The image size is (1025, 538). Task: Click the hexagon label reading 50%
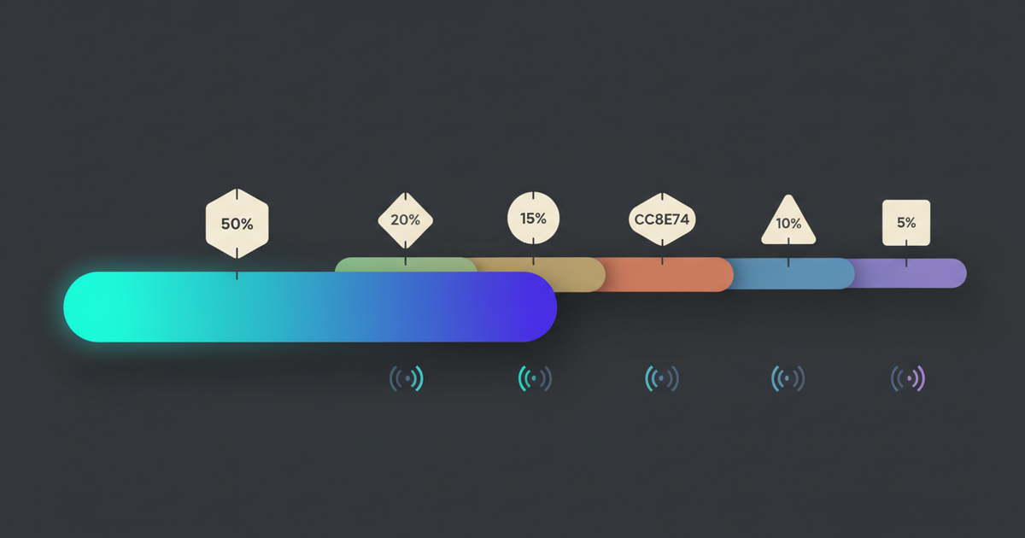click(237, 223)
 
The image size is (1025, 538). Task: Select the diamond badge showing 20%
click(406, 220)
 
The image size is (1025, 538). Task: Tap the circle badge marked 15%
click(533, 218)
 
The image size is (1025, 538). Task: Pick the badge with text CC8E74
click(662, 219)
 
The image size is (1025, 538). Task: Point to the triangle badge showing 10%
click(788, 223)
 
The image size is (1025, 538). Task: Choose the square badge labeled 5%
click(906, 223)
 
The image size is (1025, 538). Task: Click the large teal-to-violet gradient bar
click(310, 307)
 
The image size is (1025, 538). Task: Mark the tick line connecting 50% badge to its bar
click(237, 265)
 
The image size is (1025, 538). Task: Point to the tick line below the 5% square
click(906, 254)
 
